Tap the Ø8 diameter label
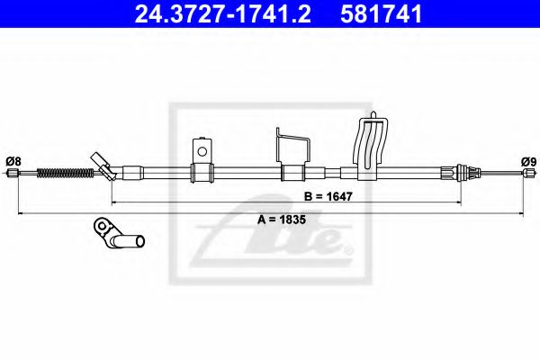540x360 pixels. (13, 161)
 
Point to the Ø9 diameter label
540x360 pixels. (528, 161)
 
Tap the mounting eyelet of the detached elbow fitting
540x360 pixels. (102, 225)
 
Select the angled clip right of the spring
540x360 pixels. (102, 166)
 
